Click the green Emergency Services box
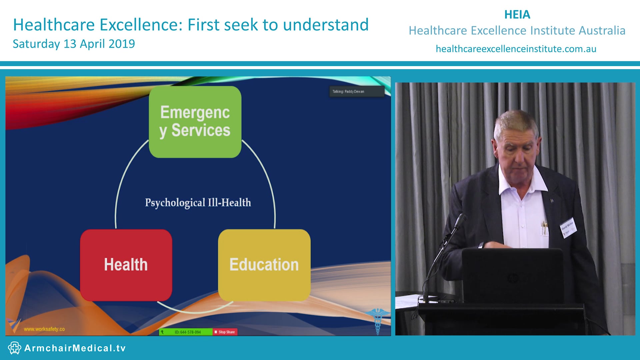pos(195,122)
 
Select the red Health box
pos(126,265)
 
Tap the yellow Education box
pos(264,265)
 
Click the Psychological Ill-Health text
pos(198,203)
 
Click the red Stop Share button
pos(225,332)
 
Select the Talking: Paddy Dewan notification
pos(357,91)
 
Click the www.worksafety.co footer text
pos(44,329)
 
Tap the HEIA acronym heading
pos(517,15)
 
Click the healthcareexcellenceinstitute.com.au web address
pos(516,49)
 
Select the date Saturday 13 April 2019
pos(74,44)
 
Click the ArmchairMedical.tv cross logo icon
pos(15,348)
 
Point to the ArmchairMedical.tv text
pos(75,348)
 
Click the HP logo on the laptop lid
pos(513,277)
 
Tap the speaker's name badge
pos(568,228)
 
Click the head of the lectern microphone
pos(461,221)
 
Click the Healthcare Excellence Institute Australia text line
pos(517,31)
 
